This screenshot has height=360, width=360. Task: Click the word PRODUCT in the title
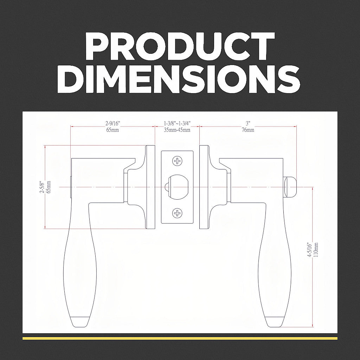[180, 46]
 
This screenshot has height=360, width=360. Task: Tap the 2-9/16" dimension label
[113, 123]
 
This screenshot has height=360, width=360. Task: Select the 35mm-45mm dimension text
[177, 130]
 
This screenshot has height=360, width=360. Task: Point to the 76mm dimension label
[248, 130]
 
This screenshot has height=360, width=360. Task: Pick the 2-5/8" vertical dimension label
[42, 187]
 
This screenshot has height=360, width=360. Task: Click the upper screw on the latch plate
[177, 161]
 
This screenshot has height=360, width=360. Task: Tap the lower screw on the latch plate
[177, 213]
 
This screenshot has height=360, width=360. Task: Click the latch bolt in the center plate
[176, 187]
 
